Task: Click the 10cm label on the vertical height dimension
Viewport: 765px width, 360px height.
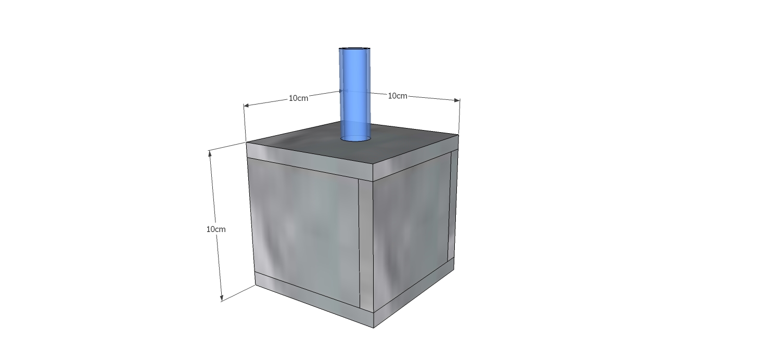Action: [216, 229]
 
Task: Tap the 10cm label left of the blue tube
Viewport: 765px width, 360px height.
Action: [299, 98]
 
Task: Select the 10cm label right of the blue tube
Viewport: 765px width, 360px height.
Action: [398, 96]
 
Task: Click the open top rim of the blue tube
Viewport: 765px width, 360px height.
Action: [354, 48]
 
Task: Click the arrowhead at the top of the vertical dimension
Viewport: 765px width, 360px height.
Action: [210, 153]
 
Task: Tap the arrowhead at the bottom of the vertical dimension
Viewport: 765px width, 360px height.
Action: [221, 298]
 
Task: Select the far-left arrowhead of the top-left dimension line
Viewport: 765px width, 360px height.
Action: [247, 105]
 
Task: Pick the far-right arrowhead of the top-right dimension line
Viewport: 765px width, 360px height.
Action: [456, 100]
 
